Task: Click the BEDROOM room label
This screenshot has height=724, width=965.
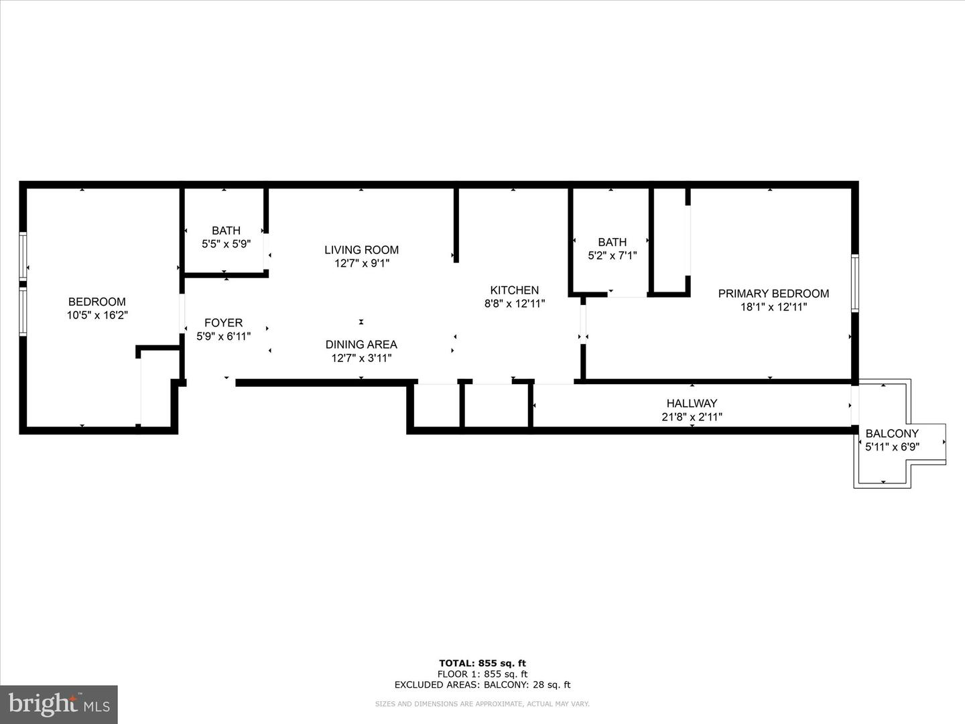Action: coord(97,302)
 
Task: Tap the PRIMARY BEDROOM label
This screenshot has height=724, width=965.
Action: coord(773,294)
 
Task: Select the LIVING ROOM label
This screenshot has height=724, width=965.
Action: coord(361,250)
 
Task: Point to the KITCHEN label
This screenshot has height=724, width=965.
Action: coord(515,290)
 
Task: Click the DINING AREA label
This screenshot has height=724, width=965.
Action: coord(361,345)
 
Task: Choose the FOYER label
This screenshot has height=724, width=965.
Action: coord(223,323)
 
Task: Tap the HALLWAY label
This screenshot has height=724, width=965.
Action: coord(692,404)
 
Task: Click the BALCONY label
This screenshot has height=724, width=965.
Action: coord(892,434)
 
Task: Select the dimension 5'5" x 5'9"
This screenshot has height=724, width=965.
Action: coord(226,245)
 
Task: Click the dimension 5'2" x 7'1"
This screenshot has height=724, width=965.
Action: coord(612,255)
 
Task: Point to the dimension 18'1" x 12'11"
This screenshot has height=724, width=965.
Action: coord(773,307)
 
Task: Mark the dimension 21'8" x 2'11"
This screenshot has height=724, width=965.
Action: coord(692,417)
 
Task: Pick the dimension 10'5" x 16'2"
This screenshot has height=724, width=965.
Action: coord(97,315)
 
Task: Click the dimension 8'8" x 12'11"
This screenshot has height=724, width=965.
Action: coord(515,304)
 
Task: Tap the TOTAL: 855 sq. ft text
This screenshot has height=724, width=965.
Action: coord(482,664)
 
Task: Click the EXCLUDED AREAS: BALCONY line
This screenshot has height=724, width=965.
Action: coord(482,684)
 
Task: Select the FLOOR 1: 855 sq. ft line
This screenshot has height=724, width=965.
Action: coord(482,674)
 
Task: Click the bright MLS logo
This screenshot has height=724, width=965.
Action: coord(59,704)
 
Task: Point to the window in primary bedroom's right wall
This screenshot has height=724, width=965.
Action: coord(855,283)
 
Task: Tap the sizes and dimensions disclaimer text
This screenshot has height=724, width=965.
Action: coord(482,704)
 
